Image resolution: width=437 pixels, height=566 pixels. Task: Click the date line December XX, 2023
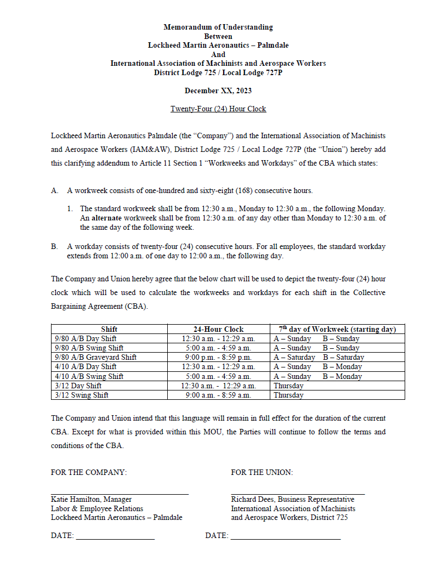click(218, 90)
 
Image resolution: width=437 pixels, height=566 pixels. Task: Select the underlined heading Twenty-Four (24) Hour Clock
click(218, 109)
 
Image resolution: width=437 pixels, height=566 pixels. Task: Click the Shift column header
click(109, 329)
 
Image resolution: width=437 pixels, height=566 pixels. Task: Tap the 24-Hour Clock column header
click(218, 329)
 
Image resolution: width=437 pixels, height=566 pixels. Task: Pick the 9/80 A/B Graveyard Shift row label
click(96, 357)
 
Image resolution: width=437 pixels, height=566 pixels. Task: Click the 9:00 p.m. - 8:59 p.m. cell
click(218, 357)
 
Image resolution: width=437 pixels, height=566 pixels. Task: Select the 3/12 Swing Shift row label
click(82, 395)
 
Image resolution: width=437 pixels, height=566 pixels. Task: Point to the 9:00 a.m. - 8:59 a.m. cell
click(218, 395)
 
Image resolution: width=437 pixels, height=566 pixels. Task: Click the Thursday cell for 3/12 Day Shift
click(288, 386)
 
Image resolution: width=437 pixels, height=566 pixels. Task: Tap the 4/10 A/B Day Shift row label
click(86, 366)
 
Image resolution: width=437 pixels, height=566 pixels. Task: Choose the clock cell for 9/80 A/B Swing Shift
click(218, 348)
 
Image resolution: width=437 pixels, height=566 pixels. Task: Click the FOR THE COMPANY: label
click(88, 472)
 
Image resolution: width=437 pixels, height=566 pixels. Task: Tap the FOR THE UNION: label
click(262, 472)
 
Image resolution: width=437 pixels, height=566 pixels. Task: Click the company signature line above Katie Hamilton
click(120, 494)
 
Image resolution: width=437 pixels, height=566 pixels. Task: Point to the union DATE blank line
click(285, 539)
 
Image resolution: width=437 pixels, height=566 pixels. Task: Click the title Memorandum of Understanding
click(218, 27)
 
